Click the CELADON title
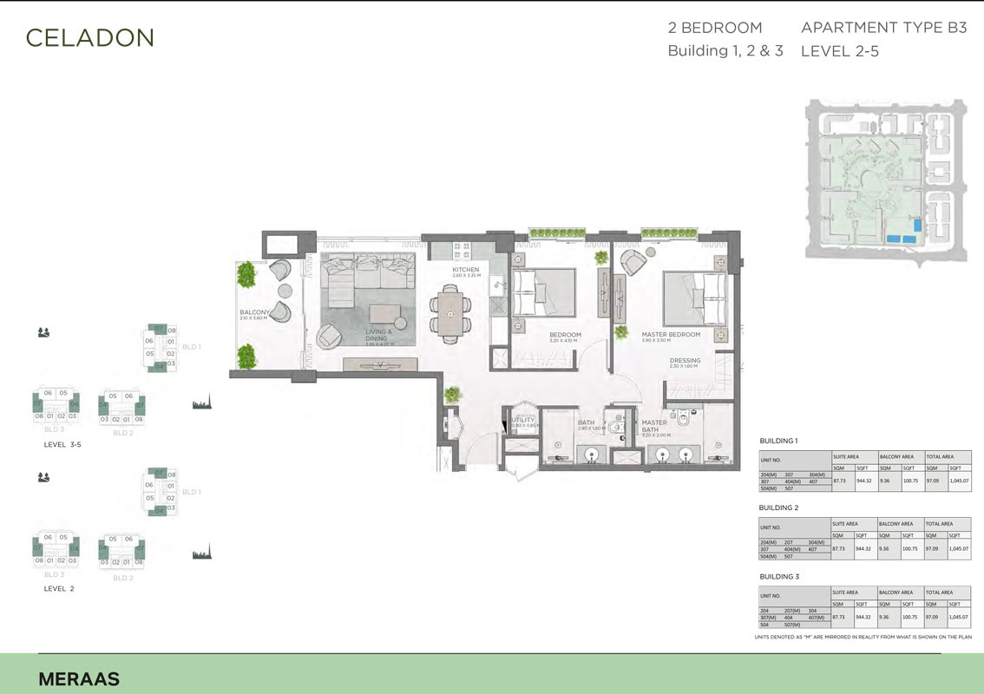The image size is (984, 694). coord(89,37)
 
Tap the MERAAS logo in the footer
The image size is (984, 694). coord(79,679)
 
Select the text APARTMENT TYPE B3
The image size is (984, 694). coord(883,28)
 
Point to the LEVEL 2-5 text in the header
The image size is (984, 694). coord(839,51)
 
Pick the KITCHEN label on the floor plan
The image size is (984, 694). coord(465,270)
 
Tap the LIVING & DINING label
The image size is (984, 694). coord(378,335)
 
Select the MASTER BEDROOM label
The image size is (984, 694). coord(671,334)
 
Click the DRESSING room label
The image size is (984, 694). coord(685,361)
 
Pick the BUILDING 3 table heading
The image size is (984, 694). coord(778,576)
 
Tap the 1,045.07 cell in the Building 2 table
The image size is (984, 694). coord(959,548)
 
